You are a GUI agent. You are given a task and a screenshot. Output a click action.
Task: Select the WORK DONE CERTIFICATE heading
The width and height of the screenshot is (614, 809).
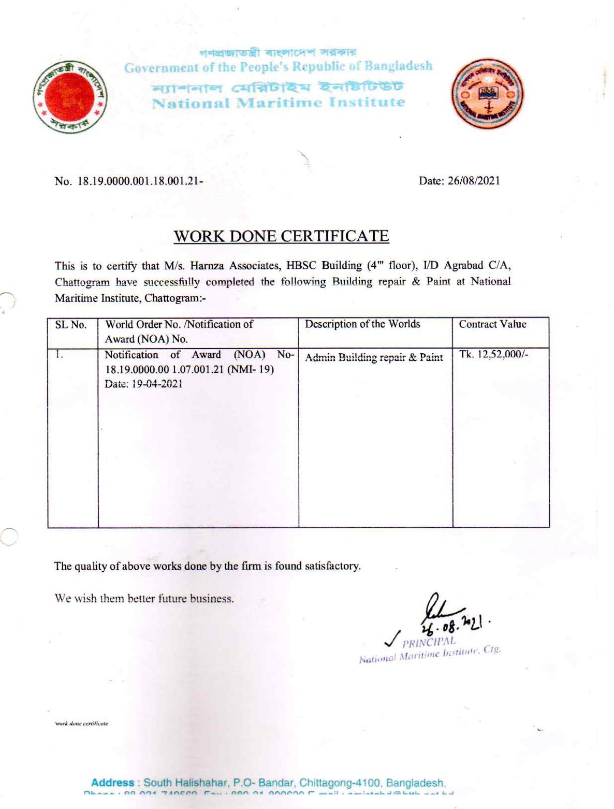point(281,236)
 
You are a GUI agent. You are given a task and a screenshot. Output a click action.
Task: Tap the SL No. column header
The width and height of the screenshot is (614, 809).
point(71,325)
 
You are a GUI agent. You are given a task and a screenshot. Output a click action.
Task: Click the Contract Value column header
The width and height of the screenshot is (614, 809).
point(492,324)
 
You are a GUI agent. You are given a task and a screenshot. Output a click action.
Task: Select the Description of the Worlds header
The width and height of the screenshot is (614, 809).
point(362,324)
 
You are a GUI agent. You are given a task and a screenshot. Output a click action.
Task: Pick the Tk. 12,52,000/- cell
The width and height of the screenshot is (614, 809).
point(493,355)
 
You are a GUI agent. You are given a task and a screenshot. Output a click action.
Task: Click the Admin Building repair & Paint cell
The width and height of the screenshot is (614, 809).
point(374,357)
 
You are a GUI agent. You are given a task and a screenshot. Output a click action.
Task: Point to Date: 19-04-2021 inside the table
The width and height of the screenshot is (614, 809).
point(143,384)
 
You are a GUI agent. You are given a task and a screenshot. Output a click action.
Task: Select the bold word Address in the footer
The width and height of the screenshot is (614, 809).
point(112,783)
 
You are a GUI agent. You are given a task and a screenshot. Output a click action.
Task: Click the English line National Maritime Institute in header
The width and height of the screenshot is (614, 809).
point(278,103)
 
